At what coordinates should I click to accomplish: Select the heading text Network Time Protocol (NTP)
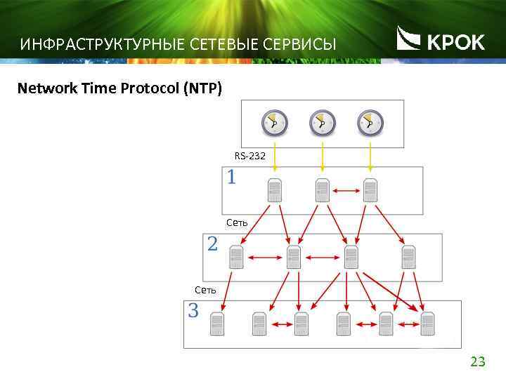119,88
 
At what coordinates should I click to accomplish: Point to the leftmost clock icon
274,124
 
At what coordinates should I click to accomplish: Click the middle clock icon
322,124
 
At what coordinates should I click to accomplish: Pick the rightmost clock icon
370,124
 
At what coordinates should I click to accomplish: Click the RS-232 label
249,156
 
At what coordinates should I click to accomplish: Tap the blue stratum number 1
231,178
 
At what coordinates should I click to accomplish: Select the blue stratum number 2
212,244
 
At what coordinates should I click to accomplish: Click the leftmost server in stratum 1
274,189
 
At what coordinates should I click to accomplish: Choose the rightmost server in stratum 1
370,189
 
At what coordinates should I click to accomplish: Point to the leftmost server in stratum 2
236,257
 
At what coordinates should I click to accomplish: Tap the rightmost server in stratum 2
408,257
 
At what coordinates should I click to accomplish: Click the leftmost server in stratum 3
217,324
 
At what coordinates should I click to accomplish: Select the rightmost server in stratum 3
427,324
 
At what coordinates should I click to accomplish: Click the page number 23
477,362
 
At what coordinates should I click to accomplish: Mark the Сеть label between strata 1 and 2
237,222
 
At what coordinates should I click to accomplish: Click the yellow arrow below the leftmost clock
275,157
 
